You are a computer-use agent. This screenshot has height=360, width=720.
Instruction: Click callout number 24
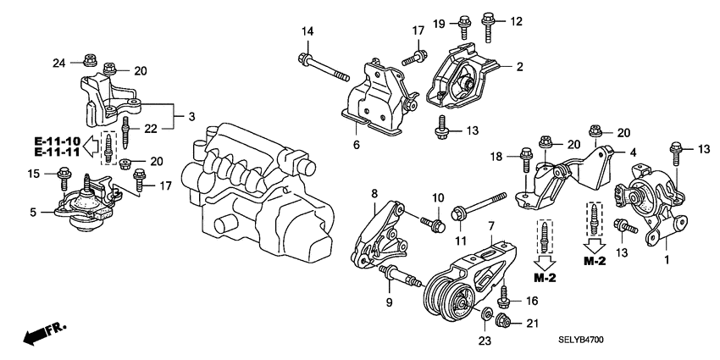point(58,61)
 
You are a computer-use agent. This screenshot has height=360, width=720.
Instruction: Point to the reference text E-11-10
point(58,141)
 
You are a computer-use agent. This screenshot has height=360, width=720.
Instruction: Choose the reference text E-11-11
point(58,152)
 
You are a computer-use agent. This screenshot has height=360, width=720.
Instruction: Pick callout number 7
point(490,226)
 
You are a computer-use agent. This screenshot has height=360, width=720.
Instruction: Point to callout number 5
point(32,213)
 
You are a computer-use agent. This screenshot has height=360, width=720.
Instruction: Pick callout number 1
point(667,261)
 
